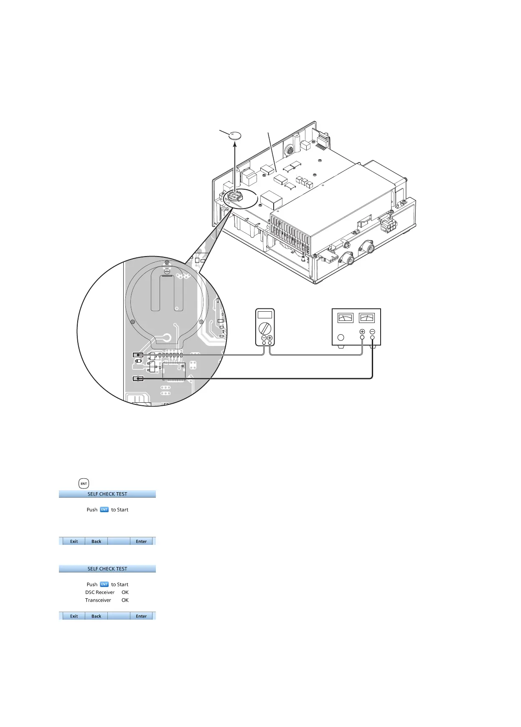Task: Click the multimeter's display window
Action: (265, 315)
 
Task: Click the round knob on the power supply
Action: (341, 337)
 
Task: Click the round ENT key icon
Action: (84, 483)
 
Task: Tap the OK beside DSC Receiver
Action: (125, 592)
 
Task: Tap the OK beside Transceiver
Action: (125, 600)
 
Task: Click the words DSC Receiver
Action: (100, 592)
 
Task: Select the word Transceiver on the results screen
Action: (98, 600)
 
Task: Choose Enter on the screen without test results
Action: (141, 541)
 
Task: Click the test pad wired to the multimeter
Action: (138, 355)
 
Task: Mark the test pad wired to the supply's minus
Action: (138, 379)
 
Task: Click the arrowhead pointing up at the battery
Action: (235, 145)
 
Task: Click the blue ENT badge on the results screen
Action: (104, 585)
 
